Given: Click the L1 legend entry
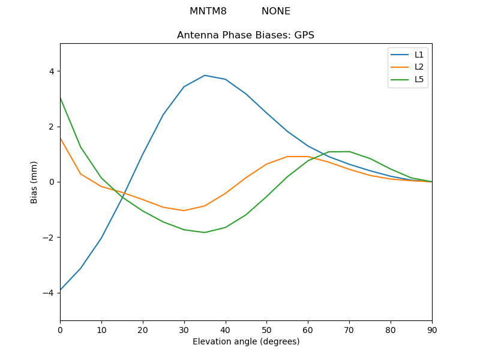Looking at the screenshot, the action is [419, 55].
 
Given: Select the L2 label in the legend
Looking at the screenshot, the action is [419, 67].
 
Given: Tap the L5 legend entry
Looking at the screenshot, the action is [419, 80].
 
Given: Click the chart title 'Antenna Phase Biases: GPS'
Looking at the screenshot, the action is [245, 35].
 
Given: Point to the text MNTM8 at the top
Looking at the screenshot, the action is [208, 11].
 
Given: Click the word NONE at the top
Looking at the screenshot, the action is [276, 11].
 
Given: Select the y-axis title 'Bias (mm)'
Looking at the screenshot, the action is [34, 182].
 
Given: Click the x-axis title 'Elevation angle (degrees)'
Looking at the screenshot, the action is [246, 341].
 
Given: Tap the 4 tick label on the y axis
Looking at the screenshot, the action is [52, 71].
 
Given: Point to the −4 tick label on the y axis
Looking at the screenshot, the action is [49, 293].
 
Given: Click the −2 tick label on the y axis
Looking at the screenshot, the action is [49, 238].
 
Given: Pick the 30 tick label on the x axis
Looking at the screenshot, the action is [184, 331].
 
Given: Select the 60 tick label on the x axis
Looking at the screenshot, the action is [308, 331].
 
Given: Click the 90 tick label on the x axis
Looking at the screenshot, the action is [431, 331].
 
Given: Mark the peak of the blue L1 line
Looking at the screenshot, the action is [205, 76].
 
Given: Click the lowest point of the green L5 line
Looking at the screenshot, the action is [205, 232].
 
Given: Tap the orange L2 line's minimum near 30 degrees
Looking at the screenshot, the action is [184, 211].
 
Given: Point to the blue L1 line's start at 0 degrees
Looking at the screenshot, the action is [61, 290].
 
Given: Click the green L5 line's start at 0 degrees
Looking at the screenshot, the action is [61, 97].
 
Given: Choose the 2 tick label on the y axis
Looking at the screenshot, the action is [52, 127].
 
